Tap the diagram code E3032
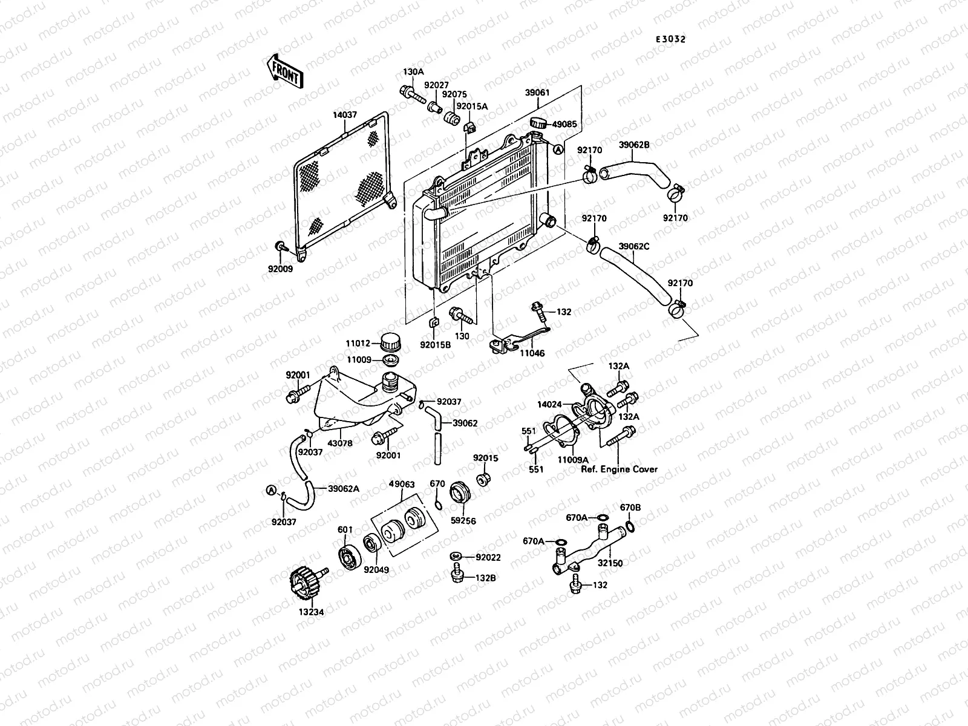671,39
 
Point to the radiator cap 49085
538,123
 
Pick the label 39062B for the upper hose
633,145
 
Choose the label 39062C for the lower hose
633,246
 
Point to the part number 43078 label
340,443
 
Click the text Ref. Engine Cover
619,469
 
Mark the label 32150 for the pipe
611,563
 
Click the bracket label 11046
532,353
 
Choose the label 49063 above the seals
402,484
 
